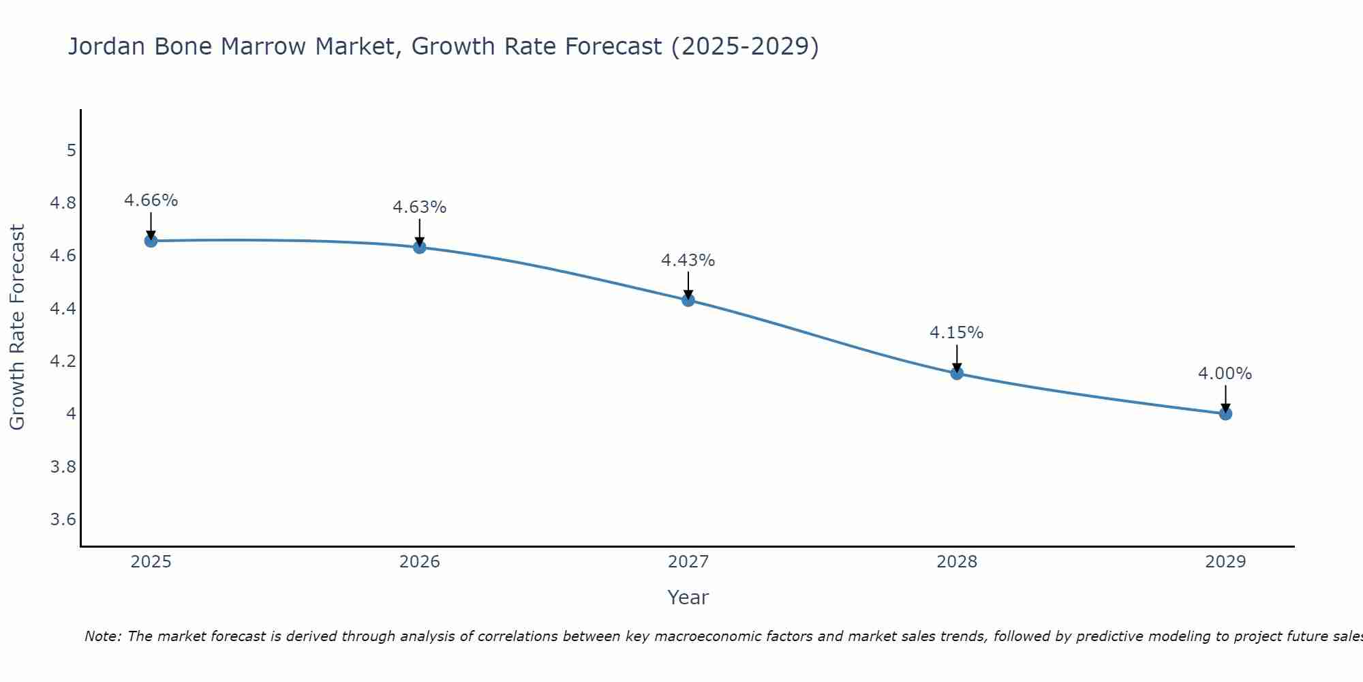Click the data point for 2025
(151, 241)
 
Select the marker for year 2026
(420, 247)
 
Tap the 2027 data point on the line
(688, 300)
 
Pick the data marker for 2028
(957, 373)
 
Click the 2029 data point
(1225, 413)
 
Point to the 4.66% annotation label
(151, 201)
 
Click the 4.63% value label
(420, 207)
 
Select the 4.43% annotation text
(688, 261)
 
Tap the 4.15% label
(957, 333)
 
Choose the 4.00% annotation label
(1225, 374)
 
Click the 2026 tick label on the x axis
(420, 562)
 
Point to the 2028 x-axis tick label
(957, 562)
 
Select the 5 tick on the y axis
(72, 151)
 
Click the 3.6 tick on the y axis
(63, 520)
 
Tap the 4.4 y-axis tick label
(63, 309)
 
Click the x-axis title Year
(688, 597)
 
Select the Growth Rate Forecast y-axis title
(17, 327)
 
